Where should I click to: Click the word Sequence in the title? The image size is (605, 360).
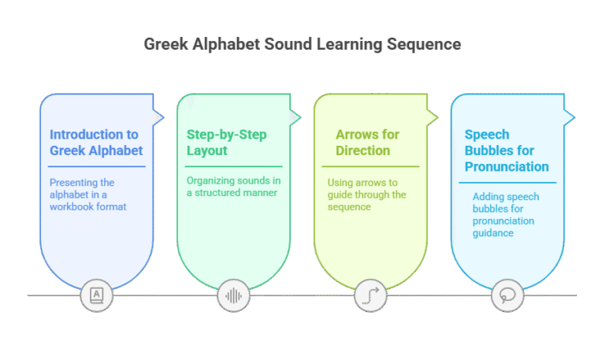tap(424, 44)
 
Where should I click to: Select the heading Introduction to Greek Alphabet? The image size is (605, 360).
tap(96, 143)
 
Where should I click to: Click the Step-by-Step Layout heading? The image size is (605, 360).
tap(227, 143)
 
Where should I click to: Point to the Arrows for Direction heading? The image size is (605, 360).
tap(367, 143)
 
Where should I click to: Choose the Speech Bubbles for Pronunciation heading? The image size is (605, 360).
tap(507, 150)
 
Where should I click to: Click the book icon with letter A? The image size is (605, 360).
tap(96, 295)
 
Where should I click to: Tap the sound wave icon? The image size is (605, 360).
tap(233, 296)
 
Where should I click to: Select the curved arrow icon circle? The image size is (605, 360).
tap(370, 296)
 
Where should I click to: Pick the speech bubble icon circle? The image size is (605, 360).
tap(507, 296)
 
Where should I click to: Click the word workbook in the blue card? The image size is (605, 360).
tap(72, 207)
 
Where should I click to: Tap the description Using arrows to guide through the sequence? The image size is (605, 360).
tap(366, 195)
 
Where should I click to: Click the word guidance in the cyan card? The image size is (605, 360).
tap(493, 233)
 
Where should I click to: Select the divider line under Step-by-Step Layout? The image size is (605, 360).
tap(233, 167)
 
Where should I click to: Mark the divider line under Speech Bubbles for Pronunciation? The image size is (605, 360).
tap(507, 183)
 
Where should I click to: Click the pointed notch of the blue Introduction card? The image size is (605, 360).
tap(164, 117)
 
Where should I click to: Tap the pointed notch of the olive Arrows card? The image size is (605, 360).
tap(437, 117)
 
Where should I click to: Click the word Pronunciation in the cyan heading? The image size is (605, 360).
tap(507, 167)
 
